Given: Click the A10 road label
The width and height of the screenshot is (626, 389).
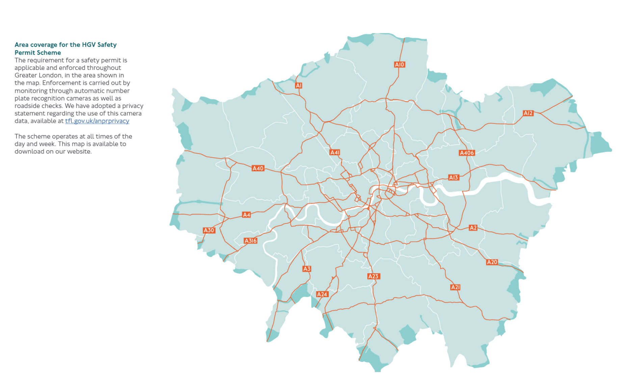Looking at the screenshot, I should (399, 64).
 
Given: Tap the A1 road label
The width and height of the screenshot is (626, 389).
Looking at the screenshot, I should (298, 85).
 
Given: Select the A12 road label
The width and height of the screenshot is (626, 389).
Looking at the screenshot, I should (528, 113).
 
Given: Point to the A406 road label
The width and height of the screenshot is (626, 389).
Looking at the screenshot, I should (467, 153).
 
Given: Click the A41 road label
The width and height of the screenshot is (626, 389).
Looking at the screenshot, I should (335, 152).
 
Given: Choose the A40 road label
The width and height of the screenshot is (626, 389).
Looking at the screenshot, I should (258, 168).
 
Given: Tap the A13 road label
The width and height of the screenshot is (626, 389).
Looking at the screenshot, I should (453, 177).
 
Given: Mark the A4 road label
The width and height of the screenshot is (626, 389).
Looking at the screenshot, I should (246, 215).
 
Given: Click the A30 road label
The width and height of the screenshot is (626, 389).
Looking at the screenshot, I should (209, 230).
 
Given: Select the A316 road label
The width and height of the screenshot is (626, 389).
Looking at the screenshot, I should (251, 241).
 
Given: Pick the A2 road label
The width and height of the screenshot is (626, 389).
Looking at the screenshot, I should (473, 228).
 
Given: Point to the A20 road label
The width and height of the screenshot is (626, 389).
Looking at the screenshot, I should (492, 262).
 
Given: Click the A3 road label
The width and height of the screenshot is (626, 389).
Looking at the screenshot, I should (307, 269).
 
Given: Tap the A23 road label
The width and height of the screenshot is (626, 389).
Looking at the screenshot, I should (373, 276).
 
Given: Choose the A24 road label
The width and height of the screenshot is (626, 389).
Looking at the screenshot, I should (322, 294).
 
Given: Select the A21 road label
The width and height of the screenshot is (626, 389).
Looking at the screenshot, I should (455, 287).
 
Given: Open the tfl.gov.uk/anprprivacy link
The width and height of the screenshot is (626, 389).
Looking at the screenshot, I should (97, 121).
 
